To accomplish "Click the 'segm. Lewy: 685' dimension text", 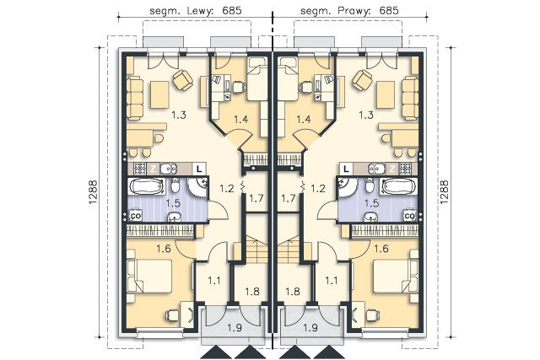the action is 195,11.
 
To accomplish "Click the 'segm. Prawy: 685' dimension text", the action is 349,11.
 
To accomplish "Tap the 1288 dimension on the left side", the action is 94,192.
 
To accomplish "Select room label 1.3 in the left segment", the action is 179,115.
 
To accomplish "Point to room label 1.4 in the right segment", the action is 304,119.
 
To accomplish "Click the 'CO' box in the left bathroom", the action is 135,216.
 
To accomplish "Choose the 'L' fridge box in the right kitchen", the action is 346,169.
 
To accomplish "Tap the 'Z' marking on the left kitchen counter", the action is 153,169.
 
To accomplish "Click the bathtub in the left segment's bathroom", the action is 146,186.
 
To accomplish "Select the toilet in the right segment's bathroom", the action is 370,186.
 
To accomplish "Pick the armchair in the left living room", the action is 183,79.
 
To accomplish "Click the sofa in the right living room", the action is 410,98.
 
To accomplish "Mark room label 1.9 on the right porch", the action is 310,328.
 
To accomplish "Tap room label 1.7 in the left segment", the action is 256,198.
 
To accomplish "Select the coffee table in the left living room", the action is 159,94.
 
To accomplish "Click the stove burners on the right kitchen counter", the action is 405,169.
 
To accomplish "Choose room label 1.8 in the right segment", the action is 293,292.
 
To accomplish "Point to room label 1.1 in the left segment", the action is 213,281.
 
